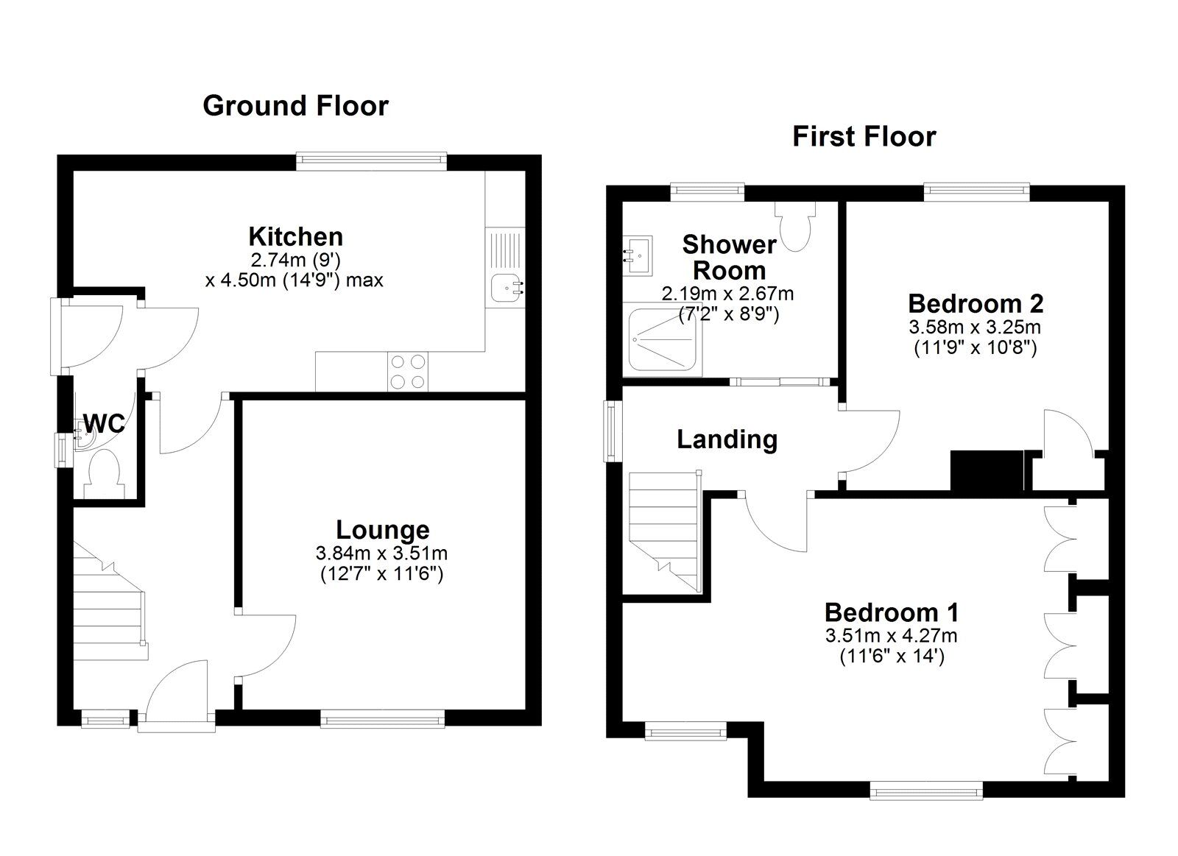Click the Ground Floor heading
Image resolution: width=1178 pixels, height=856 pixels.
[295, 106]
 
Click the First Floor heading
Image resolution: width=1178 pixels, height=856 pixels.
[864, 137]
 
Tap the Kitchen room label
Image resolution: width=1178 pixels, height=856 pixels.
[295, 236]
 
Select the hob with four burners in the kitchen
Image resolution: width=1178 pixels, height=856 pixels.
[408, 372]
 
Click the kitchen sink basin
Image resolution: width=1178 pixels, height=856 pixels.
[505, 287]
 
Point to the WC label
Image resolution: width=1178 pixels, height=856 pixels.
[104, 424]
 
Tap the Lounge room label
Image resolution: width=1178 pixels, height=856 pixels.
[382, 529]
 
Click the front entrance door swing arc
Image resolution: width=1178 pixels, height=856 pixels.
[177, 688]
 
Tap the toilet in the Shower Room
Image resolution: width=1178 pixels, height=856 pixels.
[796, 226]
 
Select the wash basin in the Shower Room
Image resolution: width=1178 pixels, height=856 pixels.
[638, 255]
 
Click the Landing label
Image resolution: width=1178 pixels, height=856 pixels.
[727, 439]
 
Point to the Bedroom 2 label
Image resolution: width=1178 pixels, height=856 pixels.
[975, 303]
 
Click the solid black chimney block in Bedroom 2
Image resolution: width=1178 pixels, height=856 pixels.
[987, 470]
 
